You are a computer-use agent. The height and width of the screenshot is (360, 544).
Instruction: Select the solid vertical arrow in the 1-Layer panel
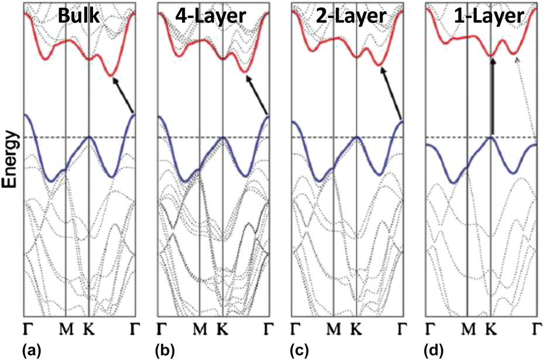492,97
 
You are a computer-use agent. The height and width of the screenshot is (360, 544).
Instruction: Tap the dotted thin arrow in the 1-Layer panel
526,97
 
